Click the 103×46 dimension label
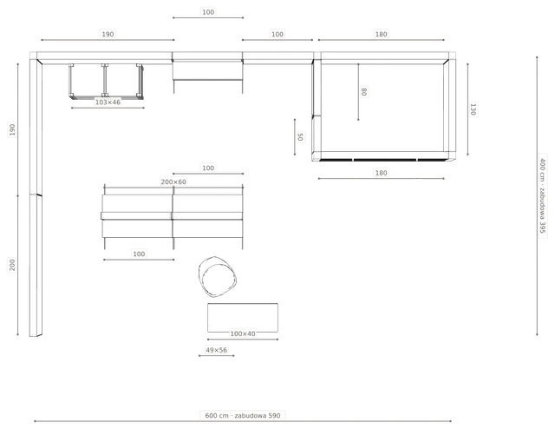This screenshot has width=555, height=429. tap(108, 102)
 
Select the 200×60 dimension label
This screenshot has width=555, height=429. tap(173, 181)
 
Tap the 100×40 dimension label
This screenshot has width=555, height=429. tap(243, 333)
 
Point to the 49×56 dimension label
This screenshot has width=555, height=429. tap(216, 350)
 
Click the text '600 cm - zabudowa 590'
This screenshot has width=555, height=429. tap(243, 415)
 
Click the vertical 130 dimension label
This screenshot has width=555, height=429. tap(473, 109)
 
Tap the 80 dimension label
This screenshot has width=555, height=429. tap(364, 92)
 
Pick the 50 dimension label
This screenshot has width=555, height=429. tap(300, 137)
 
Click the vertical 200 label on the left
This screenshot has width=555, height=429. tap(12, 265)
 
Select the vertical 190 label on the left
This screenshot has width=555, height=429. tap(12, 129)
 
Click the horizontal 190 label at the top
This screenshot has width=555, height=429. tap(108, 35)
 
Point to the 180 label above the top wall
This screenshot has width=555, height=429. tap(382, 35)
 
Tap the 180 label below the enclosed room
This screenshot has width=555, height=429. tap(382, 173)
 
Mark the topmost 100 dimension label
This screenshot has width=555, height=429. tap(208, 12)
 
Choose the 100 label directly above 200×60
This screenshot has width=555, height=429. tap(208, 168)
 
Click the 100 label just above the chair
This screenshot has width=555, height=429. tap(139, 254)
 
